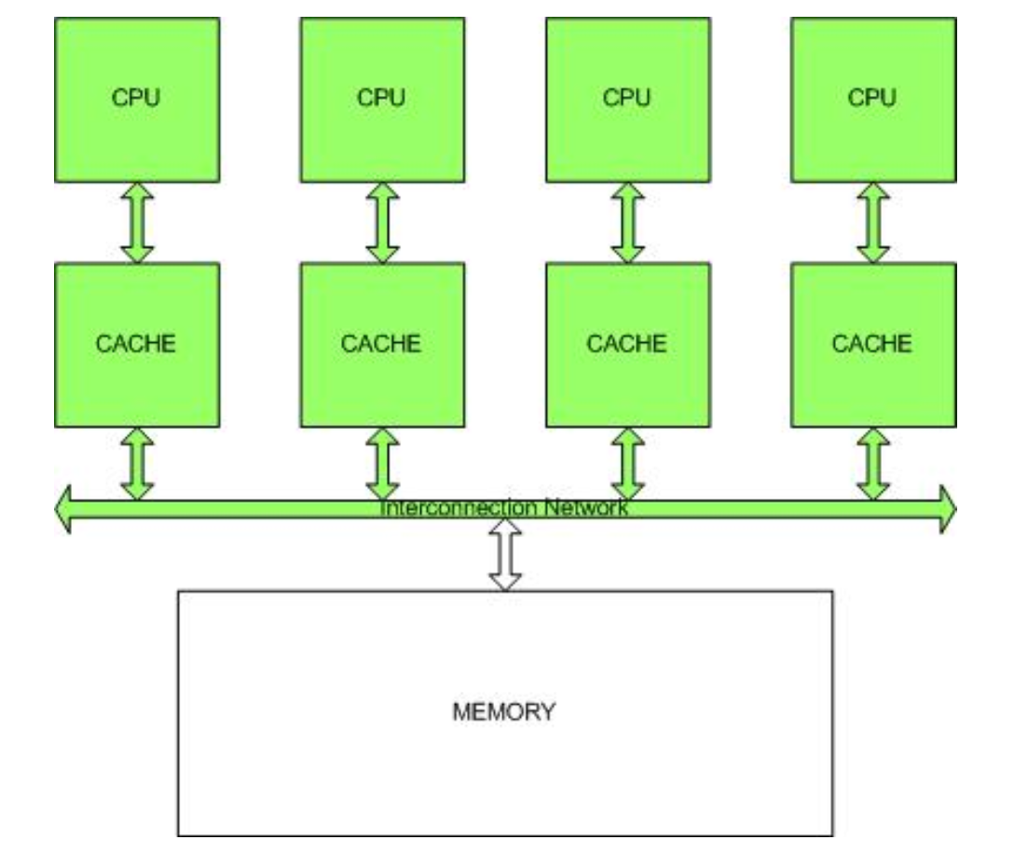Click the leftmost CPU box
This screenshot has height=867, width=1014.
[x=137, y=100]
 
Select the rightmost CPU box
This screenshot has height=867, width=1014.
[x=872, y=100]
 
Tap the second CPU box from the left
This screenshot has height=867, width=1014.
[x=382, y=100]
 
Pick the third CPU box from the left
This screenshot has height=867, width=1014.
[x=627, y=100]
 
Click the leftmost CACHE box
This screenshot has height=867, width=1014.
[x=137, y=344]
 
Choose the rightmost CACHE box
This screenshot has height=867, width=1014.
[x=872, y=344]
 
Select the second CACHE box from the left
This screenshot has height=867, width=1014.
[x=382, y=344]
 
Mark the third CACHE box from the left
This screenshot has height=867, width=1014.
[x=627, y=344]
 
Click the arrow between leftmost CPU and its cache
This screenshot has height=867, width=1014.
[x=137, y=222]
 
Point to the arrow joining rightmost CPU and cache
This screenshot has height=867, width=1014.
[x=872, y=222]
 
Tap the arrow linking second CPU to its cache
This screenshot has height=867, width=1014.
[x=382, y=222]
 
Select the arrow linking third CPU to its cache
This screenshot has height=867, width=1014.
[x=627, y=222]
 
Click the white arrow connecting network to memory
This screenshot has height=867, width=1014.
[x=504, y=555]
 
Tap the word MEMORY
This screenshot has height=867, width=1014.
[x=504, y=713]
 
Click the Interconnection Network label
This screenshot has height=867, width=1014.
[x=504, y=509]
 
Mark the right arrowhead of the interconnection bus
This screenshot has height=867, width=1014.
[x=947, y=509]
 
